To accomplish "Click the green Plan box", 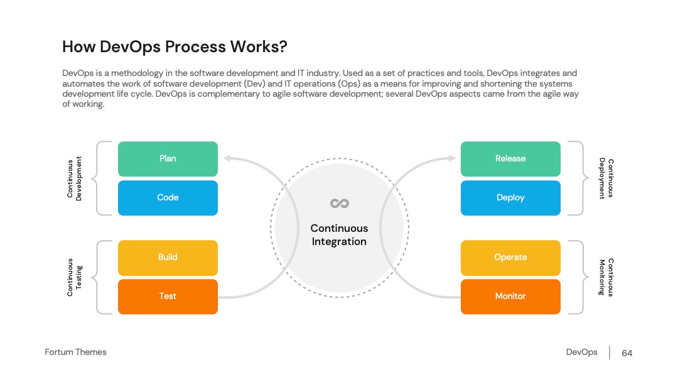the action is click(x=168, y=159).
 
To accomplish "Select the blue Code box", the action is click(x=168, y=198).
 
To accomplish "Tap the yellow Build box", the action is click(x=168, y=258).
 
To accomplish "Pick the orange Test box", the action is click(x=168, y=297).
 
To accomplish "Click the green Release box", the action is click(x=510, y=159).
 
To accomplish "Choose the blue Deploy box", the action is click(x=510, y=198).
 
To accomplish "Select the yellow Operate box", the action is click(x=510, y=258).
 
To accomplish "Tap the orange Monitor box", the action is click(x=510, y=297).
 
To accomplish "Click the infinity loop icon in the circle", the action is click(x=340, y=204).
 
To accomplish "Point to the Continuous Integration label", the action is click(x=340, y=235).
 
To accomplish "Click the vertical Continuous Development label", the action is click(x=74, y=178).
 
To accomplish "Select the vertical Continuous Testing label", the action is click(x=74, y=277).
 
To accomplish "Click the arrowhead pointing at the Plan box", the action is click(x=227, y=158).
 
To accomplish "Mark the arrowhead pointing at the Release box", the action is click(x=452, y=158).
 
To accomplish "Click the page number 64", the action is click(x=627, y=353).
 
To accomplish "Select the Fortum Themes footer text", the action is click(x=76, y=352).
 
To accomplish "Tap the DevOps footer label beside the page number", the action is click(x=581, y=352).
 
